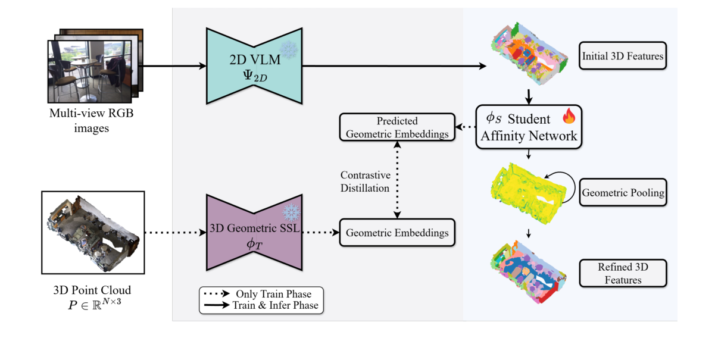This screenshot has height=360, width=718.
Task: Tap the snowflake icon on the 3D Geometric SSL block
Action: [292, 212]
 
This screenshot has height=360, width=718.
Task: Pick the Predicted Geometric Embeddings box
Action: [397, 127]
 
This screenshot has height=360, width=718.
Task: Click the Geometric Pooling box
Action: [622, 193]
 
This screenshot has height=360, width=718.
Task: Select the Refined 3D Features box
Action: [623, 273]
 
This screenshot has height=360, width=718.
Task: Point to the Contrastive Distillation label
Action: [364, 181]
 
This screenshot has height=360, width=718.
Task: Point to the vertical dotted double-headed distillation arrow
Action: [397, 181]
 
